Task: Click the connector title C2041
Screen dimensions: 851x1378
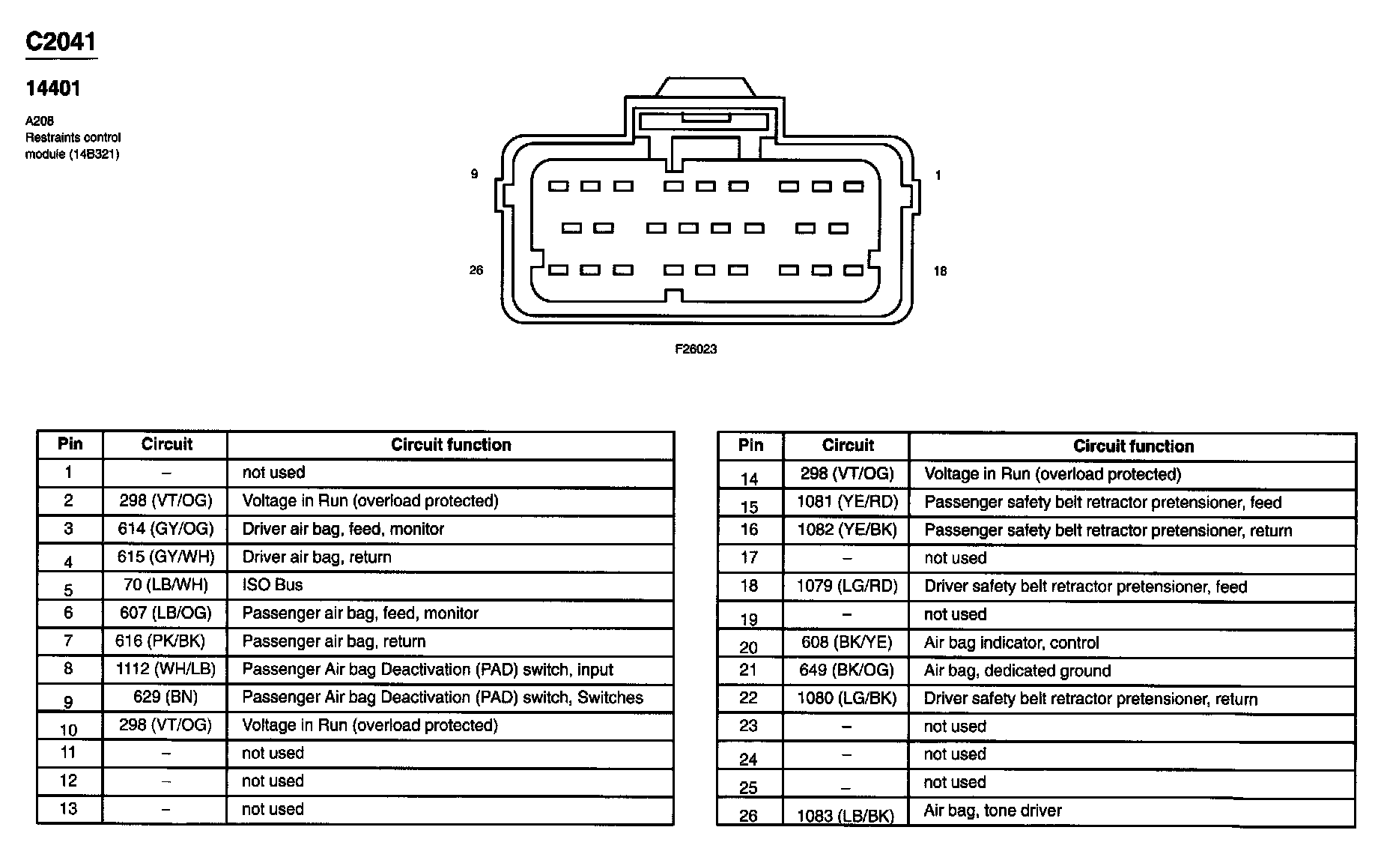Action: coord(61,42)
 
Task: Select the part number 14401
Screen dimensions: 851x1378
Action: coord(52,88)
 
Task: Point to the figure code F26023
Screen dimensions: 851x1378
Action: coord(696,349)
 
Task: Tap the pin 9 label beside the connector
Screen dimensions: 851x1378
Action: coord(474,174)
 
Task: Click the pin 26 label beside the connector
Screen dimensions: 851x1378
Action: coord(476,270)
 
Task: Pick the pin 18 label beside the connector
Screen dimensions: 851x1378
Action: coord(940,271)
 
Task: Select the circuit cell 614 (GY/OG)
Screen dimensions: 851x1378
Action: coord(166,529)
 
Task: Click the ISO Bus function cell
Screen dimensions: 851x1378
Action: coord(273,585)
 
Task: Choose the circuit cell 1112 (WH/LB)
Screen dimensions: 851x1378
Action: coord(166,669)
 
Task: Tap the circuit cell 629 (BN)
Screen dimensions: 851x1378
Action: coord(166,697)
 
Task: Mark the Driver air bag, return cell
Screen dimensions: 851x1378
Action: coord(317,557)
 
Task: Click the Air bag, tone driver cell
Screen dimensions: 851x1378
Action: coord(992,811)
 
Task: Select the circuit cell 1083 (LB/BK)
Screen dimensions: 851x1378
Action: coord(846,816)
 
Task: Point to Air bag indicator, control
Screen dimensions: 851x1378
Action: coord(1011,643)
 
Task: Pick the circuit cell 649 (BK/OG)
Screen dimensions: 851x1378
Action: coord(846,670)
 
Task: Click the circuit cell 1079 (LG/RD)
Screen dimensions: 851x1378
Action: coord(846,586)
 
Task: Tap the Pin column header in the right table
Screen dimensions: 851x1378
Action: coord(750,445)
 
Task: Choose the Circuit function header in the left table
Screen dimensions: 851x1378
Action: coord(451,445)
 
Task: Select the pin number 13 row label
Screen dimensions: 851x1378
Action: coord(68,809)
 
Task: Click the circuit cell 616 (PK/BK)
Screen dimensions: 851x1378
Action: coord(160,641)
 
